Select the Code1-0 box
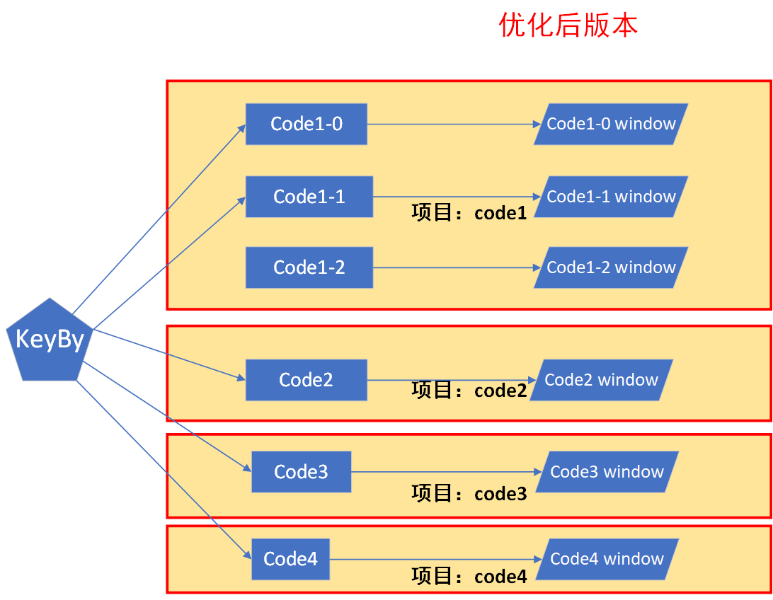(306, 125)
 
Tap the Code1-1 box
(309, 197)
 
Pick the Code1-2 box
(309, 267)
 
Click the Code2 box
(306, 380)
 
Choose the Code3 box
(301, 472)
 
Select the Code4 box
(290, 559)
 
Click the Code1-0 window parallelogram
(611, 125)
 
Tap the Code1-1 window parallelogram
(611, 197)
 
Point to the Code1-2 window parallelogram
(611, 267)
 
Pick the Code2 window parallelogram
(601, 380)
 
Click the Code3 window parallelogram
(607, 472)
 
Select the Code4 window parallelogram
(607, 559)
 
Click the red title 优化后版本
(568, 25)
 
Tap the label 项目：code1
(469, 213)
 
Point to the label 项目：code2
(469, 391)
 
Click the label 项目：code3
(469, 494)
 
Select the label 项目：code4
(469, 577)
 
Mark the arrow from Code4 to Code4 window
(435, 559)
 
